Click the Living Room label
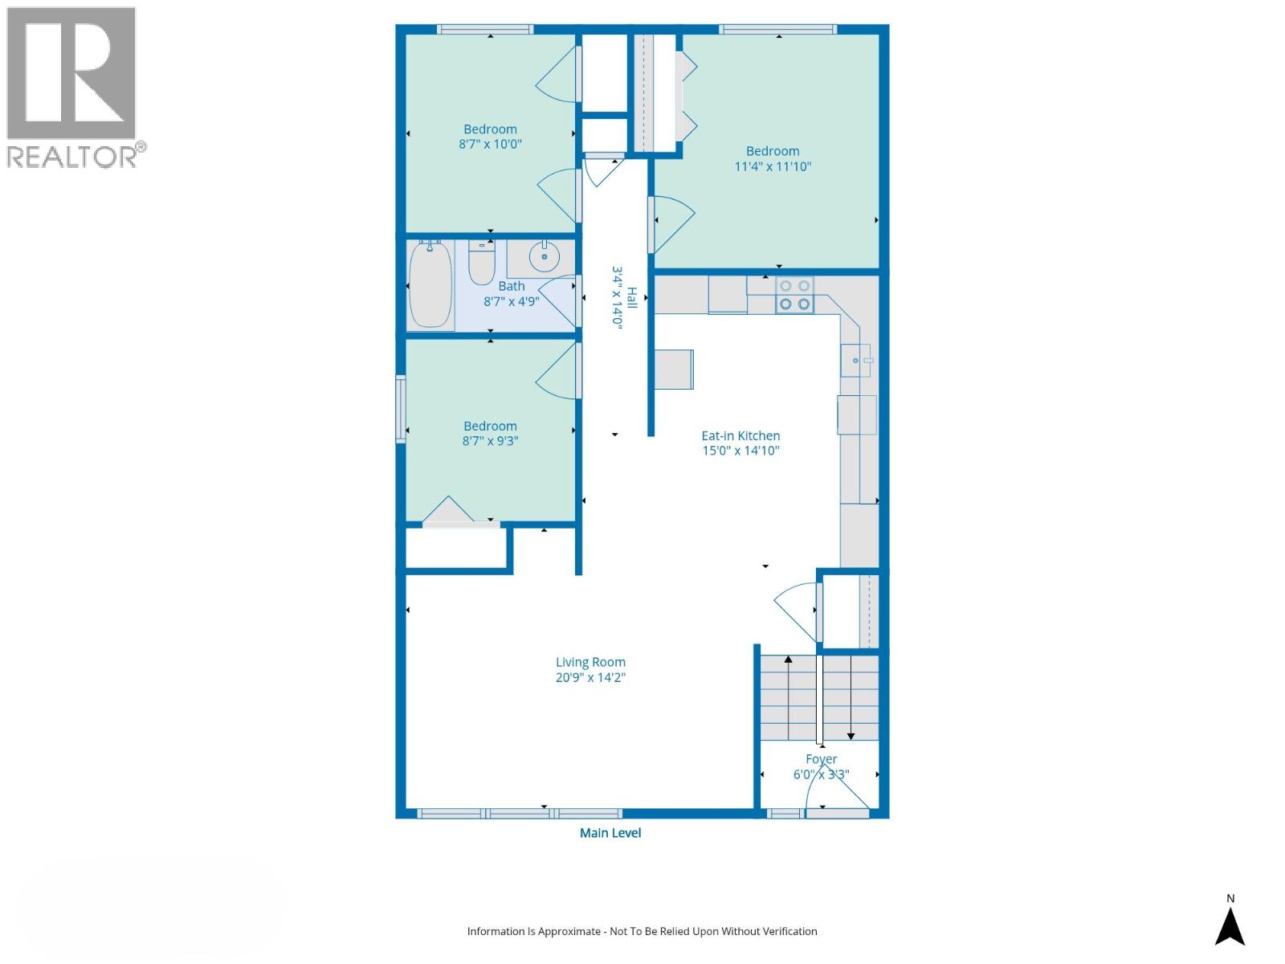tap(590, 663)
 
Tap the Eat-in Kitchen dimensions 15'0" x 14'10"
tap(740, 451)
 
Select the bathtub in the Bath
tap(430, 285)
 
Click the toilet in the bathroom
tap(482, 263)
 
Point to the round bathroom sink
tap(545, 257)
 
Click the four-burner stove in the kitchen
tap(794, 295)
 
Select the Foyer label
tap(821, 759)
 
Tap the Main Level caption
tap(610, 833)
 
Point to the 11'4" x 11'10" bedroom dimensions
tap(773, 167)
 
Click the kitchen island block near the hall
tap(674, 370)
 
